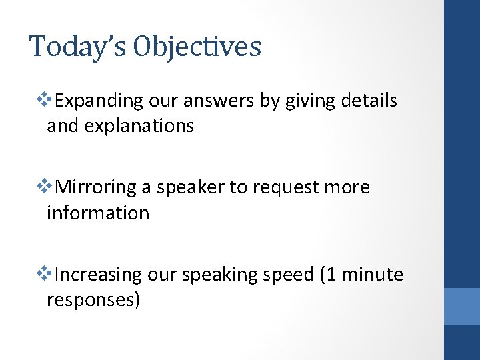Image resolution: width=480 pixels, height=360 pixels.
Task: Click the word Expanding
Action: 99,101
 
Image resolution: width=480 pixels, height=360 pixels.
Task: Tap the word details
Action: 369,101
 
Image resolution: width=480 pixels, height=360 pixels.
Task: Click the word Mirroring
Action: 97,188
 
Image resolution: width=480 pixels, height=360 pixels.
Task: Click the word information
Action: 98,213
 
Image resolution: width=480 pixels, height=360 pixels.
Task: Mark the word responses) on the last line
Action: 93,300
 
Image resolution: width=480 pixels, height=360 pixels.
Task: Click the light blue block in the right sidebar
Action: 462,306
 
